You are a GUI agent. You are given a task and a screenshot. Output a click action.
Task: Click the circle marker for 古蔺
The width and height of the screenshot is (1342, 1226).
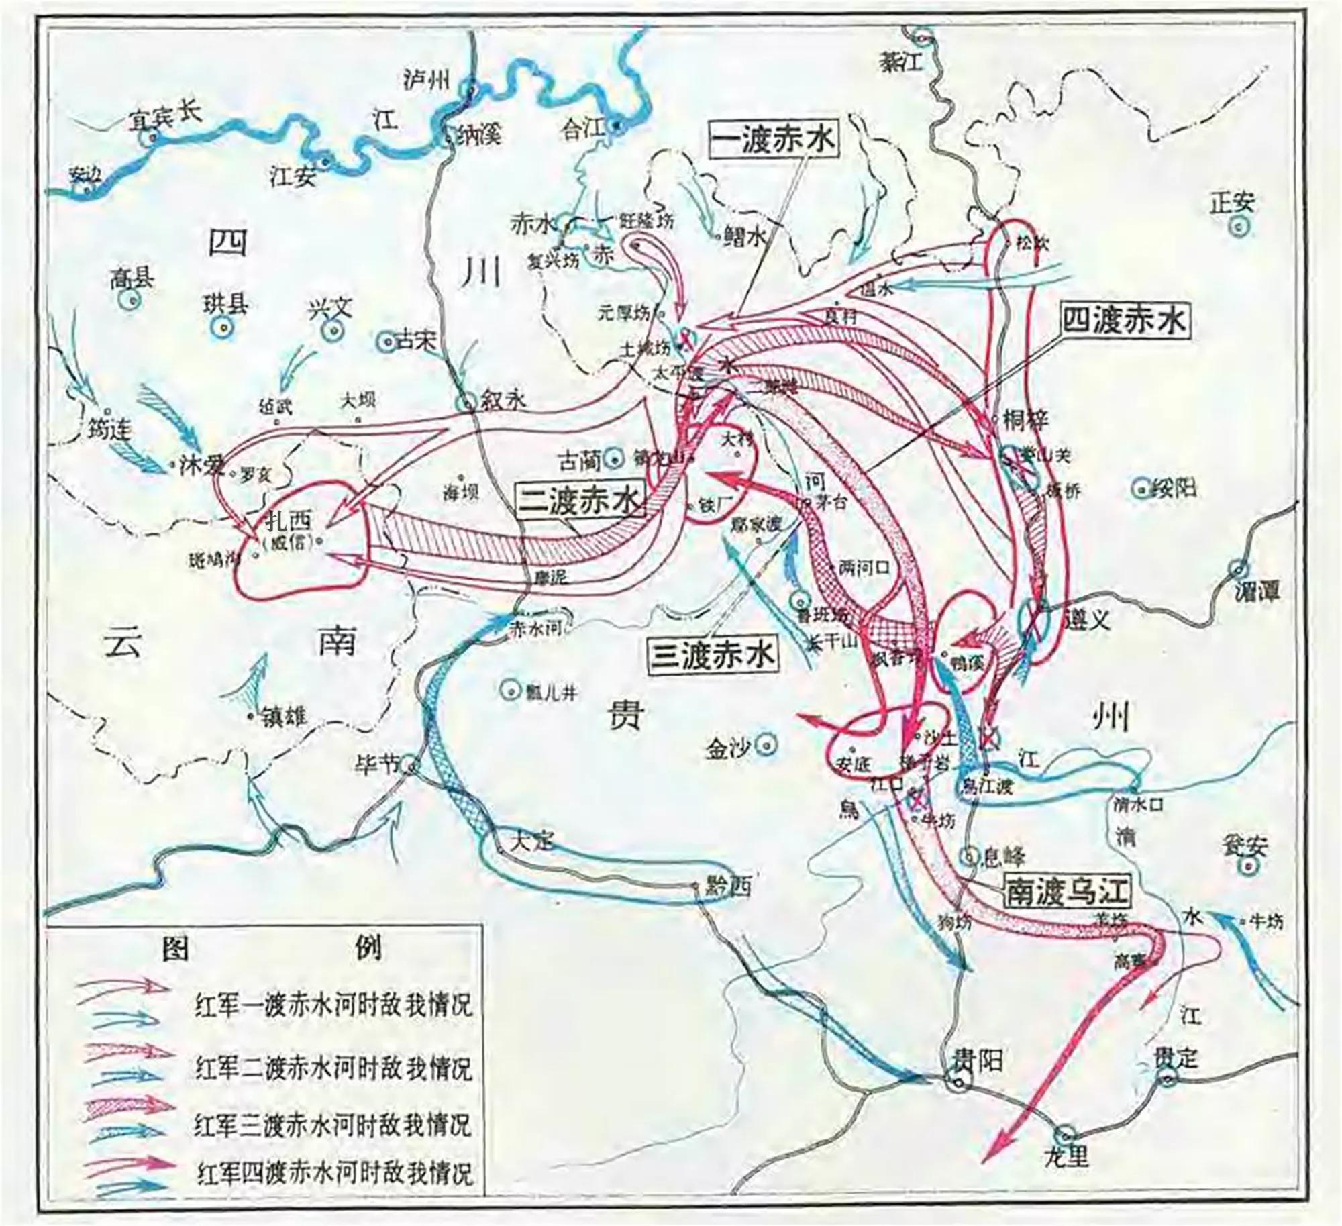[613, 459]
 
